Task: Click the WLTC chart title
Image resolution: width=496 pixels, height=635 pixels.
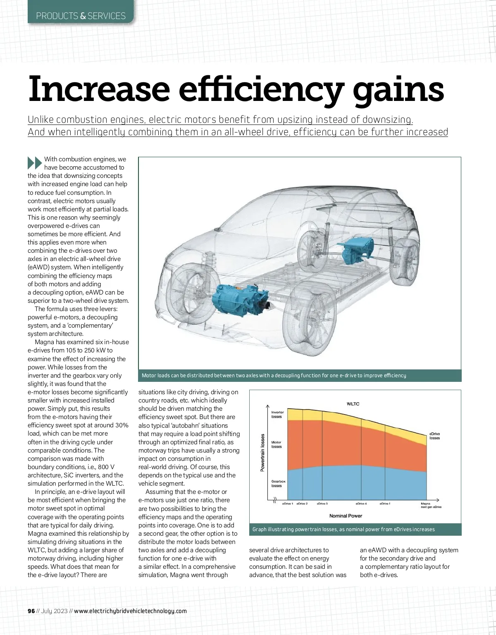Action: tap(353, 404)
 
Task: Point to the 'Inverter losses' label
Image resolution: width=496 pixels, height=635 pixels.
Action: tap(277, 415)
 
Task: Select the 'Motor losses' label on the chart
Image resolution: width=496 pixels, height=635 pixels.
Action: tap(276, 444)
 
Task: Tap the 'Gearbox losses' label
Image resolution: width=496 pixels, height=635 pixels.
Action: tap(278, 484)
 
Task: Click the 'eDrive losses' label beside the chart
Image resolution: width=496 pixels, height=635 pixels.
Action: tap(434, 436)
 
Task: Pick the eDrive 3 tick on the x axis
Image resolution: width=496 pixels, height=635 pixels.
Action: tap(322, 503)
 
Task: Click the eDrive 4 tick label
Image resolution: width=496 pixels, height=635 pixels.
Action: tap(361, 503)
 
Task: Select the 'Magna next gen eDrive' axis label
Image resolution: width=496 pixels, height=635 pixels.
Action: tap(431, 505)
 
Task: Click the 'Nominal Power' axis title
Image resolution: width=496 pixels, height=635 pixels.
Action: tap(346, 516)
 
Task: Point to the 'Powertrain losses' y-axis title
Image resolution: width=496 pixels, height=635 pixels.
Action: tap(262, 452)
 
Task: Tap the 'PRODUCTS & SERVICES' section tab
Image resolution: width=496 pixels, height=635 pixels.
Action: tap(81, 16)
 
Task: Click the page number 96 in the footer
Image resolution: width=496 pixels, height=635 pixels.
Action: tap(31, 611)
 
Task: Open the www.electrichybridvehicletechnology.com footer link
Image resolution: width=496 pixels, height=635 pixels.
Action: tap(130, 611)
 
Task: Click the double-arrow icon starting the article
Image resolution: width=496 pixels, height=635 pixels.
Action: tap(35, 163)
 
